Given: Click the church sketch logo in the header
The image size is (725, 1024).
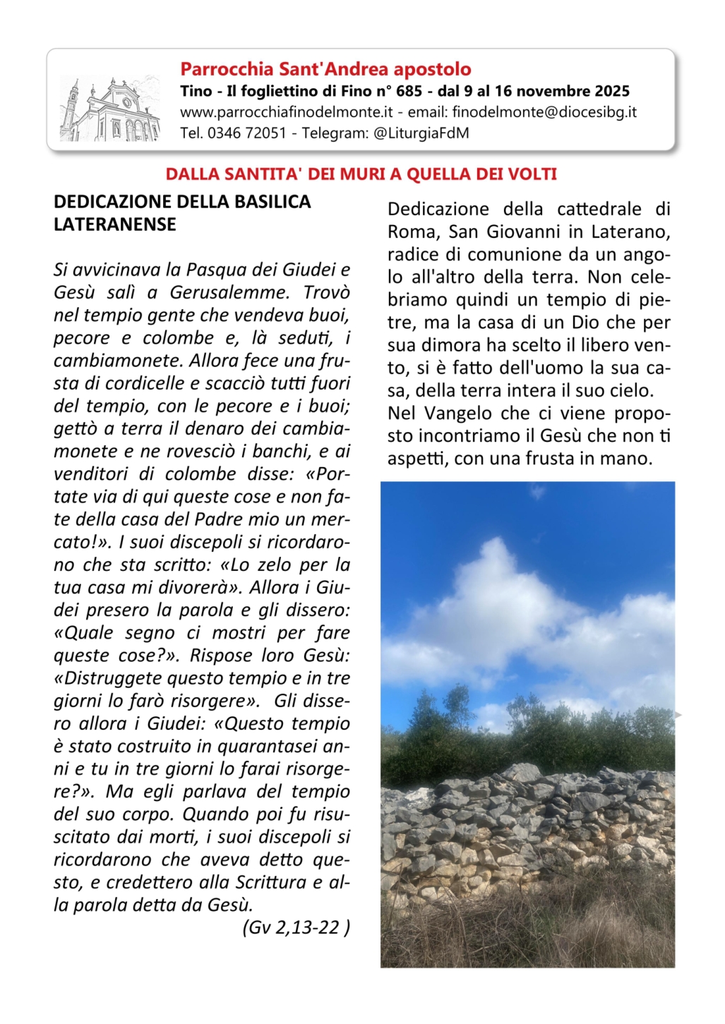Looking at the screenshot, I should (110, 109).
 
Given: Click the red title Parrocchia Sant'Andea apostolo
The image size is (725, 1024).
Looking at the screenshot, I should (325, 69).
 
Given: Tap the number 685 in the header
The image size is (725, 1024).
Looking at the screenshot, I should (409, 91).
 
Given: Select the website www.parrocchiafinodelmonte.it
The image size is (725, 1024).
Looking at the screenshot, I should (286, 112).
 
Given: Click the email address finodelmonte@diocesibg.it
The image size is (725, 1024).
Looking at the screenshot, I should (544, 112).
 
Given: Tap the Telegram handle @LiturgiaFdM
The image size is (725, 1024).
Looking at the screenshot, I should (421, 133).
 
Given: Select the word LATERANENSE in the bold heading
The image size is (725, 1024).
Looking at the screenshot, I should (115, 224).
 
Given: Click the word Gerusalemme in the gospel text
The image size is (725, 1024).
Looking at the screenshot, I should (230, 293).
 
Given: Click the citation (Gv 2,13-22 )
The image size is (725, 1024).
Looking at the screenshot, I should (296, 927).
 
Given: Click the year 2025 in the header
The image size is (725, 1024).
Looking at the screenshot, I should (612, 91).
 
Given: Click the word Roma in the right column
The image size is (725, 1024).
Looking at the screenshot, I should (412, 231).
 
